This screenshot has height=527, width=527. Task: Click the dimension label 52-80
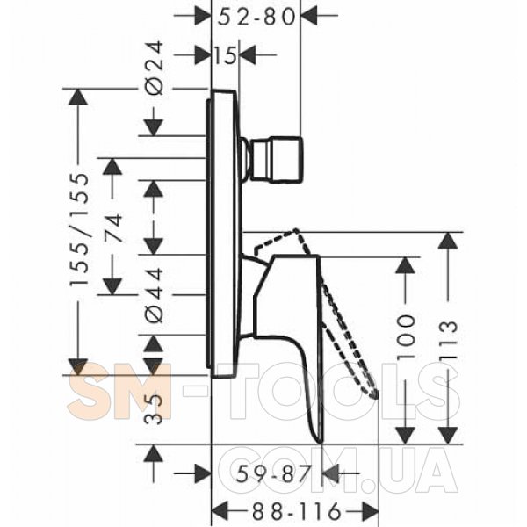click(x=256, y=17)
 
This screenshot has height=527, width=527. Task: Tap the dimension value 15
click(x=225, y=55)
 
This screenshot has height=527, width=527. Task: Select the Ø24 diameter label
click(x=155, y=68)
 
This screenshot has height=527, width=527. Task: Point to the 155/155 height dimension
click(x=80, y=229)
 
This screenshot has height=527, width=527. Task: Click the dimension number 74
click(x=113, y=227)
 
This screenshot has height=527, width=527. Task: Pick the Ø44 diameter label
click(x=155, y=295)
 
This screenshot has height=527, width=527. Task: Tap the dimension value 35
click(x=155, y=409)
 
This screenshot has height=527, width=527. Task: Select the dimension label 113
click(x=448, y=340)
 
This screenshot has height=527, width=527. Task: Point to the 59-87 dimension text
click(x=272, y=474)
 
